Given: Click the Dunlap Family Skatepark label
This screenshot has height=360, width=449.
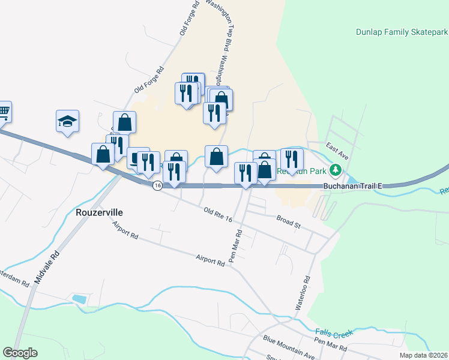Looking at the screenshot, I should pyautogui.click(x=402, y=32).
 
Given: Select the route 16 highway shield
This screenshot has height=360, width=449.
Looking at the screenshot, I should pyautogui.click(x=157, y=186).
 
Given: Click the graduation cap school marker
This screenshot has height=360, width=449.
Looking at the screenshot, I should pyautogui.click(x=68, y=121).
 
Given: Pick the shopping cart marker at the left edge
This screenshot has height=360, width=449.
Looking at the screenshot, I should pyautogui.click(x=4, y=111).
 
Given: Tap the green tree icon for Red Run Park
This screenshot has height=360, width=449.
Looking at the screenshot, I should pyautogui.click(x=338, y=170).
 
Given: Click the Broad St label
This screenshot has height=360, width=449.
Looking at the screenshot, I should pyautogui.click(x=288, y=221).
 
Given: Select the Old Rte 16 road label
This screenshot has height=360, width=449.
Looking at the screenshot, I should pyautogui.click(x=218, y=215).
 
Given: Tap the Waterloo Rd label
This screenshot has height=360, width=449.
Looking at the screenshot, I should pyautogui.click(x=301, y=292).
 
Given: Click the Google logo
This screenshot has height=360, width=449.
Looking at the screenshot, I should pyautogui.click(x=20, y=353).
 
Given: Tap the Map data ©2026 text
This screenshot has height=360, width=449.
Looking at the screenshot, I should pyautogui.click(x=424, y=355).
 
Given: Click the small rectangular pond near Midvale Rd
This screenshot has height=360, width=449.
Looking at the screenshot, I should pyautogui.click(x=79, y=298).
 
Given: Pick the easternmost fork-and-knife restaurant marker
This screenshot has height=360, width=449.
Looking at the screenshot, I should pyautogui.click(x=292, y=159).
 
